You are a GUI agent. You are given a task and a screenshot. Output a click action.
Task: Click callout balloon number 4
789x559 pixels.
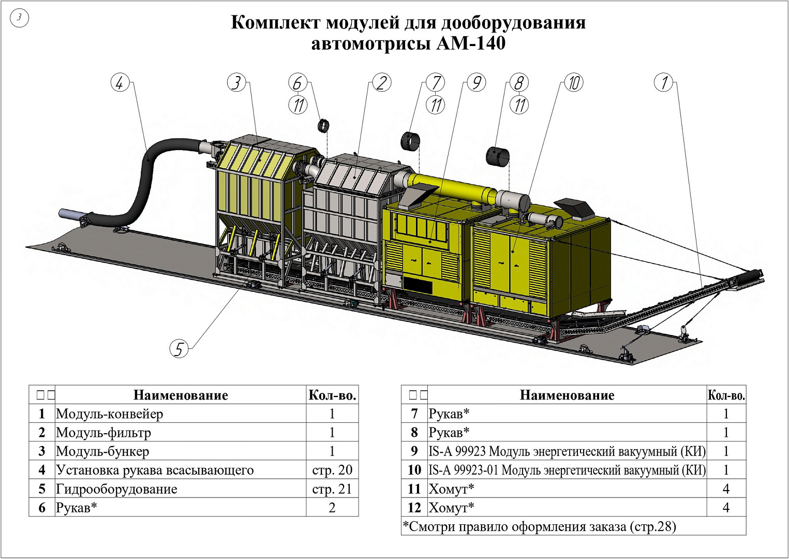coord(120,83)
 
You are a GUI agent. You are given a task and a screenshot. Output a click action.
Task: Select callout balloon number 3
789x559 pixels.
coord(236,82)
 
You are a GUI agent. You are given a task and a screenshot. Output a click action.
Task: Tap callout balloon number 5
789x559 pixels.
coord(179,348)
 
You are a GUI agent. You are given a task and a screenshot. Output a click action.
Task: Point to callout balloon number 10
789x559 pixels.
coord(573,82)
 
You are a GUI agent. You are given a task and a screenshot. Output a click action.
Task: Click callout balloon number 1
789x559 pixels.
coord(664,82)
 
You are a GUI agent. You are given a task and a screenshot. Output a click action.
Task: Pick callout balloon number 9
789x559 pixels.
coord(476,82)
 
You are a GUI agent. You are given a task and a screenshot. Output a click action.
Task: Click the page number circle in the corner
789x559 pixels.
coord(20,18)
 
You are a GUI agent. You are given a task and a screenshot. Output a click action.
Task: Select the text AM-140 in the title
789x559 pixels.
coord(471,43)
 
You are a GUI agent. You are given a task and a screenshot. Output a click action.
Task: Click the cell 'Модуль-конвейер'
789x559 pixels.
coord(110,414)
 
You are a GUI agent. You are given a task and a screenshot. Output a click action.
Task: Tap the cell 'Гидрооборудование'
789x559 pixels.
coord(117,489)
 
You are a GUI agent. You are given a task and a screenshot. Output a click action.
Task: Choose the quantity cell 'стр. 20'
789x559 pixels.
coord(332,470)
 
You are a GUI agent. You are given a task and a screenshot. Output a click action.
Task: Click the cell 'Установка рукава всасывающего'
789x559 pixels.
coord(155,470)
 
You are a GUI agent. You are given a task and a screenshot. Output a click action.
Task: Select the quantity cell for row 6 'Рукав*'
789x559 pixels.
coord(332,508)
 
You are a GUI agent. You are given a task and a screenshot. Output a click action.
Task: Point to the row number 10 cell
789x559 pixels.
coord(414,470)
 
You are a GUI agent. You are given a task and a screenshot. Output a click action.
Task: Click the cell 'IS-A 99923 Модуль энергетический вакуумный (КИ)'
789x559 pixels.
coord(567,451)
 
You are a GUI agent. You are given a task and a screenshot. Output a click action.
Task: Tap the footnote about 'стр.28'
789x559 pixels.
coord(540,526)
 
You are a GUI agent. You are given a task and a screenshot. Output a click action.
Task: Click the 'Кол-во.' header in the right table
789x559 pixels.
coord(726,395)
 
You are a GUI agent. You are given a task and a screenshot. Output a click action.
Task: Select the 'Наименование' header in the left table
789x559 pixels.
coord(181,395)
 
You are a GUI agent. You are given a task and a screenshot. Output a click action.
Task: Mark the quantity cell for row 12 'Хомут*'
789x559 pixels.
coord(726,508)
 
